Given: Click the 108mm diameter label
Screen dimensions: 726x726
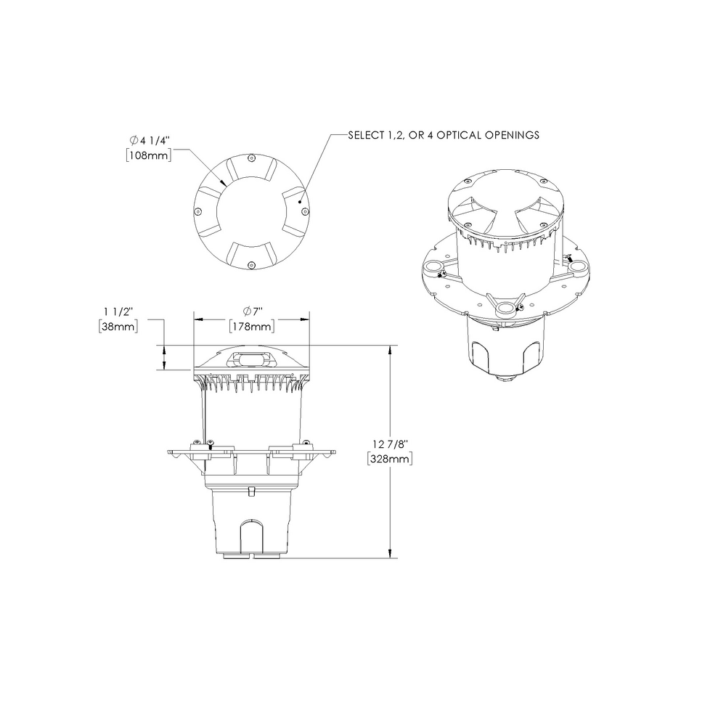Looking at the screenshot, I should [149, 155].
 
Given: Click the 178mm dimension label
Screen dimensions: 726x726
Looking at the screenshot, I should [250, 327].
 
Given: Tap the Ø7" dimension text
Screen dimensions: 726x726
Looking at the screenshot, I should [251, 311].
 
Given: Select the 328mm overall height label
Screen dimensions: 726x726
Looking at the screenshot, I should [391, 459].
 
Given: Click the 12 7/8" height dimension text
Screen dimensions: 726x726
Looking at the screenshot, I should [391, 443].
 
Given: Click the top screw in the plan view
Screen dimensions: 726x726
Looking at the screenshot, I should [250, 158].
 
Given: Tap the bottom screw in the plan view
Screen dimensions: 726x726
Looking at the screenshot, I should [250, 264].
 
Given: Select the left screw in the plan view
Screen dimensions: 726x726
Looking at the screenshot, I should [197, 211].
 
